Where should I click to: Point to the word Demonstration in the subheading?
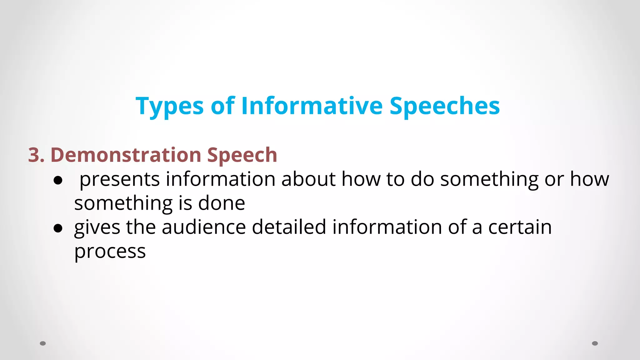[x=126, y=155]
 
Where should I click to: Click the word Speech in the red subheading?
[x=242, y=156]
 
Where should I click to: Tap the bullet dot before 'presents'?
[x=58, y=180]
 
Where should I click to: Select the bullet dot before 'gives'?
[x=58, y=228]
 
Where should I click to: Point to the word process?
[x=110, y=252]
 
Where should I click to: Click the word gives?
[x=97, y=227]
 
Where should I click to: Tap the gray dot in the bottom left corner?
[x=43, y=343]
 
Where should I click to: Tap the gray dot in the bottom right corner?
[x=595, y=343]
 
